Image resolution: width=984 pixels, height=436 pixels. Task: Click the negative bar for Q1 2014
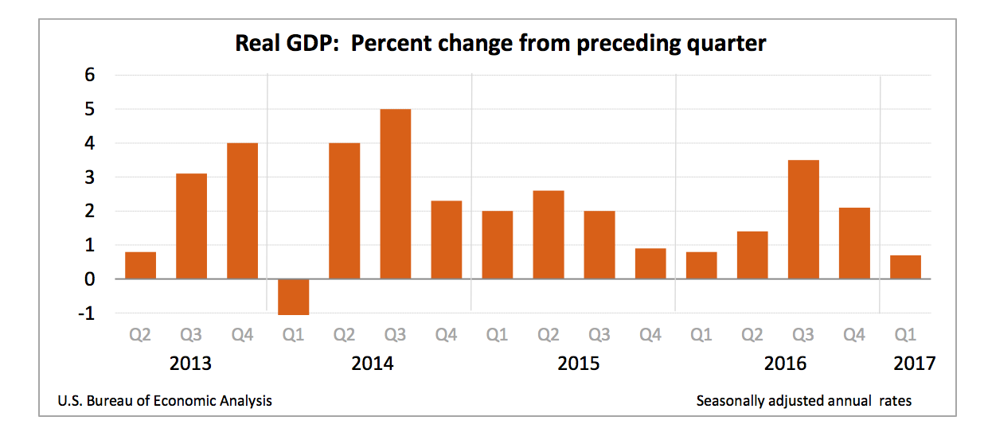tap(293, 297)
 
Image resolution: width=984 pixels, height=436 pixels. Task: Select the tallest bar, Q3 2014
tap(395, 194)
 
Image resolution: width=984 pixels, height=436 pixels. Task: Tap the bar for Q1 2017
tap(904, 267)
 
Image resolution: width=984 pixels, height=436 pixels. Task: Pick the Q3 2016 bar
tap(802, 220)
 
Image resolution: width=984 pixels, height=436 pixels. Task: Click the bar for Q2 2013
tap(140, 266)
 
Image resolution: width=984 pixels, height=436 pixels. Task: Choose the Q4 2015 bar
tap(650, 264)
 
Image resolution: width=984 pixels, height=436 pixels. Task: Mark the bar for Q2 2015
tap(548, 235)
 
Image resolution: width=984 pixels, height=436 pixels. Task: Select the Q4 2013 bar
tap(242, 211)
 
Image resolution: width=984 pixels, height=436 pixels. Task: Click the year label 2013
tap(191, 364)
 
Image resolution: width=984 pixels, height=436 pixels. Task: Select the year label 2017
tap(915, 364)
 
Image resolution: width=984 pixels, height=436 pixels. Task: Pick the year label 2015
tap(579, 364)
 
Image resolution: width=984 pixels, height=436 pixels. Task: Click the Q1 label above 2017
tap(904, 336)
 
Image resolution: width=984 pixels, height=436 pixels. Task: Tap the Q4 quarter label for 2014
tap(446, 336)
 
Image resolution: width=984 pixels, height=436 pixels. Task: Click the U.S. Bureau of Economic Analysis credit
tap(165, 401)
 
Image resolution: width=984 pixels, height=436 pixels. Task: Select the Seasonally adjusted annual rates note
tap(803, 401)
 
